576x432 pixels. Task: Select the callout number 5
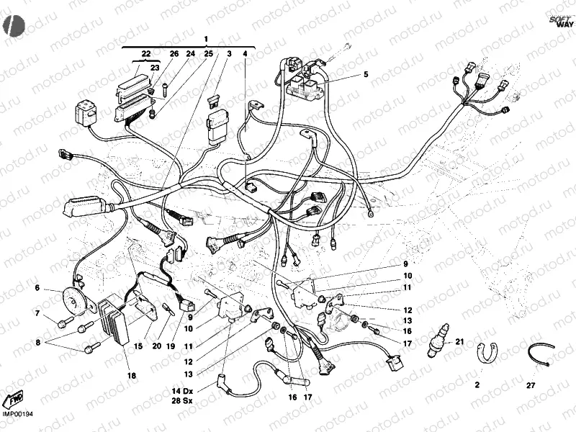(365, 74)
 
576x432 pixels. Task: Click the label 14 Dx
(181, 390)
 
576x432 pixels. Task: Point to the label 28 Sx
(181, 400)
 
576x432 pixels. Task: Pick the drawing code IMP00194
(18, 413)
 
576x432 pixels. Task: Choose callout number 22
(146, 54)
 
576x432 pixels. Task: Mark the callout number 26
(174, 54)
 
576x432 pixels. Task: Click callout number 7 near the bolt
(37, 313)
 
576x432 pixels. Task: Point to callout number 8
(37, 342)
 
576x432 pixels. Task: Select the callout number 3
(229, 54)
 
